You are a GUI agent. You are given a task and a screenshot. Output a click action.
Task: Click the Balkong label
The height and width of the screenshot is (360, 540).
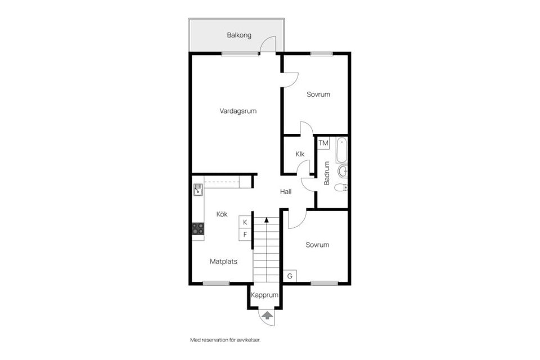239,35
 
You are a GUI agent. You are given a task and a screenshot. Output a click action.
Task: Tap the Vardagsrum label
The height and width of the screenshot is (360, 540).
238,111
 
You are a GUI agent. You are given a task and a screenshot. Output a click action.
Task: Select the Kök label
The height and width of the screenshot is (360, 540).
222,214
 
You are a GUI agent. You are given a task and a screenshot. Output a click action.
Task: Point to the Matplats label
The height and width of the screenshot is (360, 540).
223,262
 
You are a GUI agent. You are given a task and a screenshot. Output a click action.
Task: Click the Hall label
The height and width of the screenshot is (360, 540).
286,192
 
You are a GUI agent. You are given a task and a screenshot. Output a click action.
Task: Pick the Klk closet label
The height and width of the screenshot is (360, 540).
300,154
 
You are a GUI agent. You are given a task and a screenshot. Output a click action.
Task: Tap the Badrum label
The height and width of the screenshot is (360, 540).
327,173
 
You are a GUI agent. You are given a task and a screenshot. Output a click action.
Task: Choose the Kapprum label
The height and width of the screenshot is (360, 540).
264,295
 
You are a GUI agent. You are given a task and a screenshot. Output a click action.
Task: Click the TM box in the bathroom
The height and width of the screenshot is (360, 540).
323,143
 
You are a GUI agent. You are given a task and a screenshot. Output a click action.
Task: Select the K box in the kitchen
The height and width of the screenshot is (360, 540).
245,222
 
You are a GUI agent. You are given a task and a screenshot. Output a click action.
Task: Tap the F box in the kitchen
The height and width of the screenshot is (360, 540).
245,235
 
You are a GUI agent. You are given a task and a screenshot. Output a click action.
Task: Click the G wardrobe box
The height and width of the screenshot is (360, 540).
290,276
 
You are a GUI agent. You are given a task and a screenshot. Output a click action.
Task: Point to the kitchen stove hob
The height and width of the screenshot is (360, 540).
197,229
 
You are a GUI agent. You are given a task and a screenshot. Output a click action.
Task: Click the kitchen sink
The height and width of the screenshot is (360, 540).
197,190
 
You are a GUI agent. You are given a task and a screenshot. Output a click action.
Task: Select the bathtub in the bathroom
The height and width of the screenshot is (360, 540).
341,150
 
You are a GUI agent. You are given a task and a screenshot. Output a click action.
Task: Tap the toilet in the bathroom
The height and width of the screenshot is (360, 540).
341,188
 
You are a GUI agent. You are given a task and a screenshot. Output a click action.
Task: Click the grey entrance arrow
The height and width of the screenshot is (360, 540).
267,315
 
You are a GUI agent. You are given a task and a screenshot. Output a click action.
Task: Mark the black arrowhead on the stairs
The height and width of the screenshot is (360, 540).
266,219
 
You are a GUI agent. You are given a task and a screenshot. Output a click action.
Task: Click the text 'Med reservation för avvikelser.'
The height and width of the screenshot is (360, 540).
225,340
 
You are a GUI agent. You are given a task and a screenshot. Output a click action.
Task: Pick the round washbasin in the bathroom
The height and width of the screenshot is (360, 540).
343,171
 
